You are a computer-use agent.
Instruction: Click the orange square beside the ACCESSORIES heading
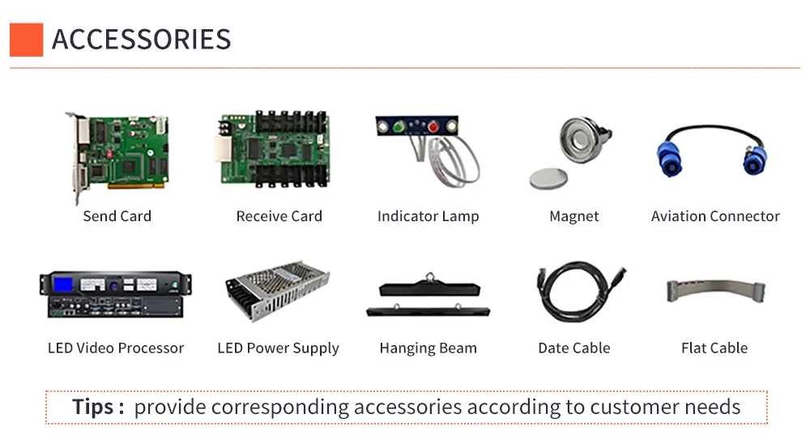[26, 40]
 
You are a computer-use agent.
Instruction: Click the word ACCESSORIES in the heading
[141, 40]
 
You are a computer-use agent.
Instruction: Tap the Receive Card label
[279, 216]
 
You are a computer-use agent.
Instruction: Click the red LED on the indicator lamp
[433, 126]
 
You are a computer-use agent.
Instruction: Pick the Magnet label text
[573, 216]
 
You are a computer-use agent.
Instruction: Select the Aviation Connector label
[715, 216]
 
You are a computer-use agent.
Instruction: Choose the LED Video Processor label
[116, 348]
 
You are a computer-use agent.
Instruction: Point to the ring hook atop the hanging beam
[428, 276]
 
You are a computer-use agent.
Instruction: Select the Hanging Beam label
[428, 348]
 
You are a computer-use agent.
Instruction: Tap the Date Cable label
[573, 348]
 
